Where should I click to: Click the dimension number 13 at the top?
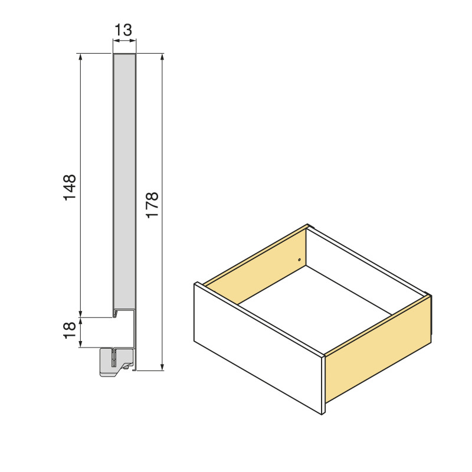coord(124,29)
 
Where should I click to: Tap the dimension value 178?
coord(152,205)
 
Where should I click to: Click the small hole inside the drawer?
coord(300,260)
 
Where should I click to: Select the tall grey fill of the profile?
coord(124,177)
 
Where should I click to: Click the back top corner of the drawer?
coord(309,225)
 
